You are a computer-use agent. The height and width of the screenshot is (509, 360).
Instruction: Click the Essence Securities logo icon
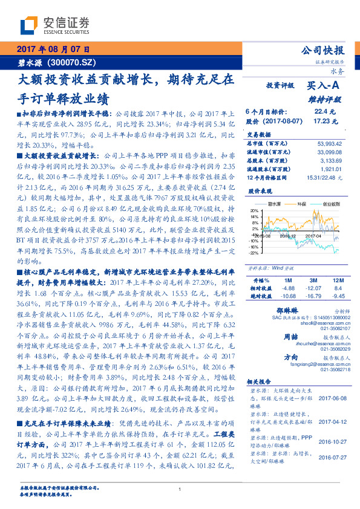point(29,25)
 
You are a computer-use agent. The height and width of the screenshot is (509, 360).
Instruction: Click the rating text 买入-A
point(321,86)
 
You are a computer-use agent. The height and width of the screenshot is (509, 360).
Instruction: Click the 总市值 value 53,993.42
point(330,143)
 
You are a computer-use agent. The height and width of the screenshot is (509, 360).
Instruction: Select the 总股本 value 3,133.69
point(332,160)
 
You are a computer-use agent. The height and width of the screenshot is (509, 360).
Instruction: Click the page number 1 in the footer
point(180,489)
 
